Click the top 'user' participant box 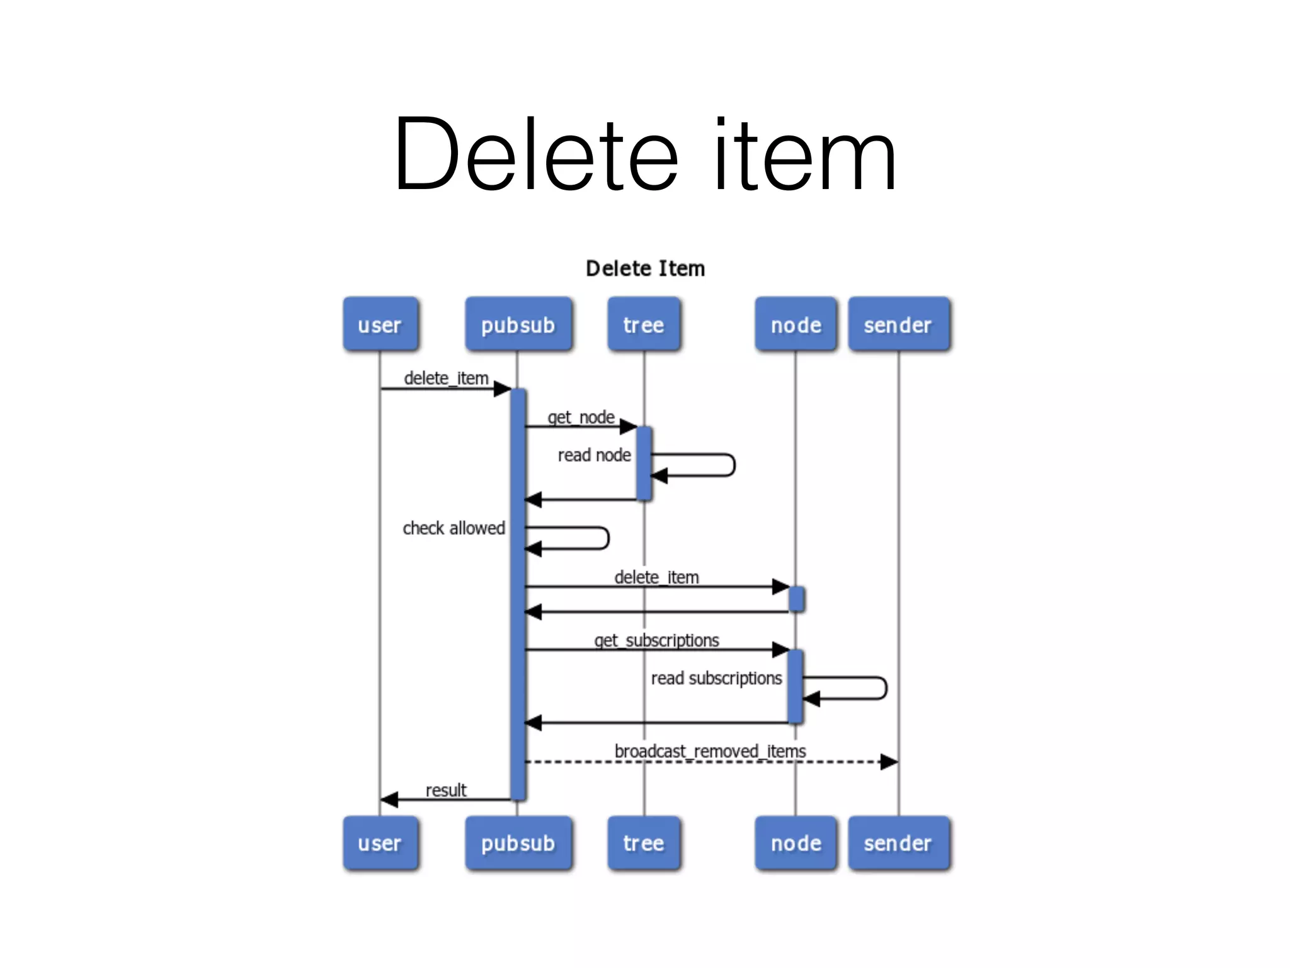tap(380, 325)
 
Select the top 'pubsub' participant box tap(518, 325)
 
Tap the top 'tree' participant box tap(644, 325)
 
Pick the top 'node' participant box tap(796, 325)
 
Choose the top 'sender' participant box tap(898, 325)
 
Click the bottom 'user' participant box tap(380, 843)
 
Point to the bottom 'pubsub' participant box tap(518, 843)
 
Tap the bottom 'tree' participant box tap(644, 843)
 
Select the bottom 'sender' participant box tap(898, 843)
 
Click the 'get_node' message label tap(581, 417)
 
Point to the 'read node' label tap(594, 455)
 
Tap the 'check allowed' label tap(454, 528)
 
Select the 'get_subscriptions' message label tap(656, 640)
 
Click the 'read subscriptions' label tap(716, 678)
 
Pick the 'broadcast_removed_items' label tap(710, 751)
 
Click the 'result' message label tap(446, 790)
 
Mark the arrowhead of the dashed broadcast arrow tap(889, 762)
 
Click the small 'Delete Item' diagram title tap(645, 268)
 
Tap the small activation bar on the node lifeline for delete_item tap(796, 599)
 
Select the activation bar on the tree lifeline tap(644, 463)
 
